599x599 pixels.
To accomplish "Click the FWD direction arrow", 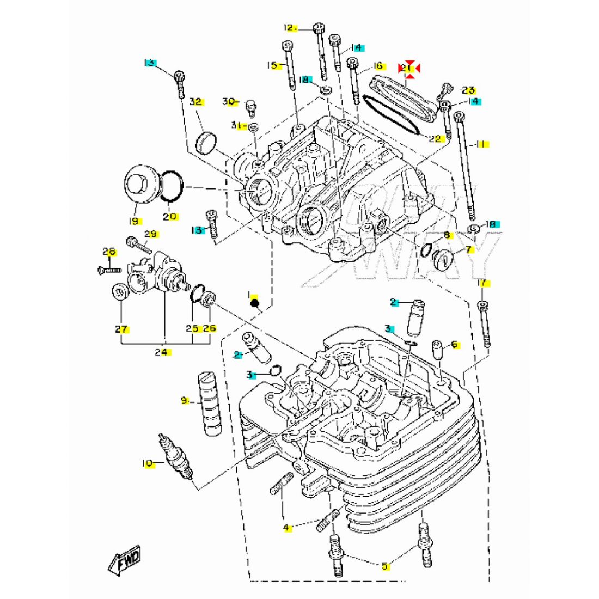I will click(x=125, y=560).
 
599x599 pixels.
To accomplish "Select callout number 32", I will click(x=196, y=102).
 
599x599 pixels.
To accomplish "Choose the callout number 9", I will click(x=185, y=401).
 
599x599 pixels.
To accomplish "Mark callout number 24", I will click(x=161, y=352).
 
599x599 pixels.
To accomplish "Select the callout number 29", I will click(x=151, y=234).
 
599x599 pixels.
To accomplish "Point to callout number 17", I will click(x=482, y=283).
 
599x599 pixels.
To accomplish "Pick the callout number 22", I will click(x=434, y=139).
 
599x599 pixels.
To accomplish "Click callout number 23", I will click(x=468, y=90).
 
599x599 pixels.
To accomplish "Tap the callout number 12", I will click(x=289, y=28).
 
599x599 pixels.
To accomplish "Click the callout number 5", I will click(x=385, y=566).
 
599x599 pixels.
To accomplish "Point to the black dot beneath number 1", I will click(x=255, y=303).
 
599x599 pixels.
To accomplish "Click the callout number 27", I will click(x=121, y=329).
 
